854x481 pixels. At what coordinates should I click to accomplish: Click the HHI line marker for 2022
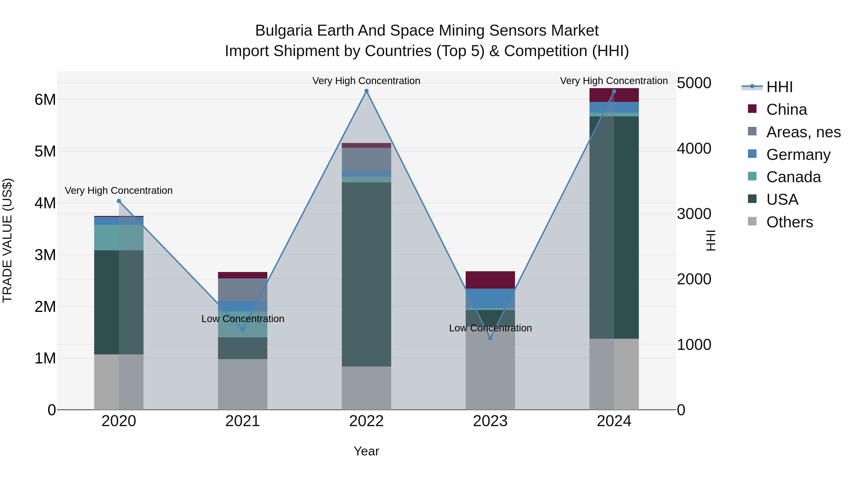(x=366, y=91)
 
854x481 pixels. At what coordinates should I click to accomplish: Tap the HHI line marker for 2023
(x=490, y=338)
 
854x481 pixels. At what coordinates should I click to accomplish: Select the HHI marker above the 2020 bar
(x=119, y=201)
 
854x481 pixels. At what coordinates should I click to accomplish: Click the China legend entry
(x=786, y=110)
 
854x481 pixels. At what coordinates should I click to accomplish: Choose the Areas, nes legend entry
(x=803, y=132)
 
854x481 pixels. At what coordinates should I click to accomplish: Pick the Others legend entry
(x=789, y=222)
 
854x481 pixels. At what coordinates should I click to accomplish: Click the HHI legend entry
(x=779, y=87)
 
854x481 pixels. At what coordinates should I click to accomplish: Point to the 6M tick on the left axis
(x=45, y=100)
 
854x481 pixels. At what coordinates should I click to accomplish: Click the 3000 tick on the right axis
(x=694, y=214)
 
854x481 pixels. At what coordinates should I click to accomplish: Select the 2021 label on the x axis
(x=242, y=421)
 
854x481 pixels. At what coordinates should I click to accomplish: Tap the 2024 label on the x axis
(x=614, y=421)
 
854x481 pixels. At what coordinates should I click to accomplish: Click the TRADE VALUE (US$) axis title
(x=7, y=240)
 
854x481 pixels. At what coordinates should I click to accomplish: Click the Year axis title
(x=366, y=451)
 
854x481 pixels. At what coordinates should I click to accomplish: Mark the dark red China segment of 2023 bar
(x=490, y=280)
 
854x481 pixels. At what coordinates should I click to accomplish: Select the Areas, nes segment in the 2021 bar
(x=242, y=290)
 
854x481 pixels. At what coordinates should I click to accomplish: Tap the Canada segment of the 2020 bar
(x=119, y=237)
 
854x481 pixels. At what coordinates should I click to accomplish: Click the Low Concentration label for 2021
(x=243, y=319)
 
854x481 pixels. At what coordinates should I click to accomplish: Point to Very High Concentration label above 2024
(x=614, y=81)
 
